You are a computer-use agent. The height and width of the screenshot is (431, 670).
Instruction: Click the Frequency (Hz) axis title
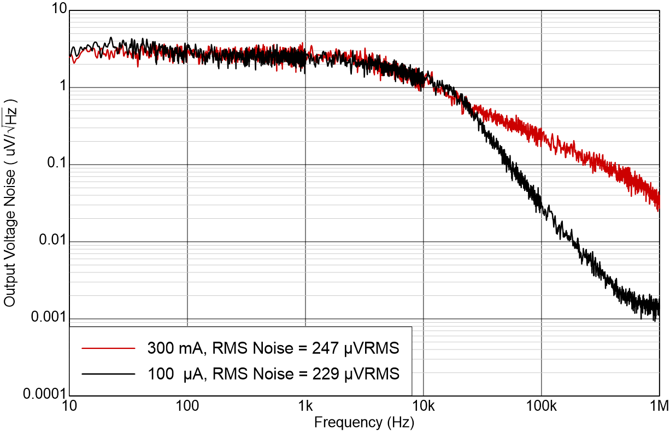364,422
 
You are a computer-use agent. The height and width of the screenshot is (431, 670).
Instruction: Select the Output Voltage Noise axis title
11,202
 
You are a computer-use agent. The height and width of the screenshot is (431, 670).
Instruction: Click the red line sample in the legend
108,347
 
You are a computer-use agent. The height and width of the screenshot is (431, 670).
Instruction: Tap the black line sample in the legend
108,374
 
